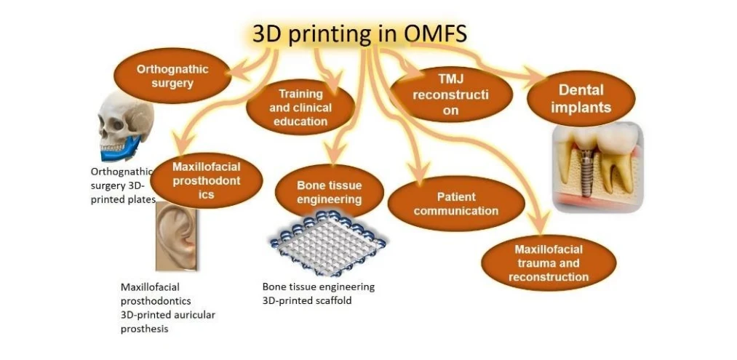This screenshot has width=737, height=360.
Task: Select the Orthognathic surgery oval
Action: click(x=172, y=76)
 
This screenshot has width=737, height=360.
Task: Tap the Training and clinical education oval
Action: click(x=300, y=108)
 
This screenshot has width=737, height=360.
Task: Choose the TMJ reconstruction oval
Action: click(x=450, y=94)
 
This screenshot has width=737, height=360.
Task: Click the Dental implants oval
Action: click(x=581, y=99)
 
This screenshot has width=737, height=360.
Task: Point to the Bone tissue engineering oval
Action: click(x=329, y=192)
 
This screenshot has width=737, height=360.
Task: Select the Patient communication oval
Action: click(x=456, y=204)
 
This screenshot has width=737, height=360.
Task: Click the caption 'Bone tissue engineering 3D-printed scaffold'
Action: click(x=318, y=293)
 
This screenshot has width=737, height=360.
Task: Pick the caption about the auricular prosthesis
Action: click(x=167, y=308)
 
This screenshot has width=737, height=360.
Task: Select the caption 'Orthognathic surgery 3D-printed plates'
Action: click(x=122, y=185)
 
